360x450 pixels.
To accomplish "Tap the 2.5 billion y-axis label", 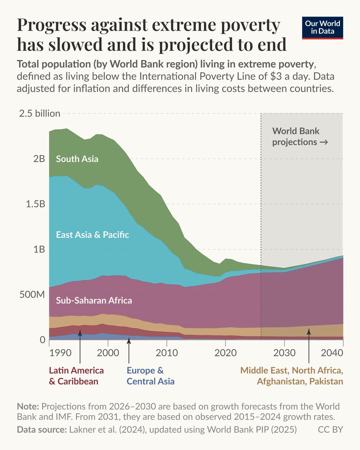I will pos(39,113).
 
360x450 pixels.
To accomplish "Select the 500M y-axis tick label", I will pos(31,295).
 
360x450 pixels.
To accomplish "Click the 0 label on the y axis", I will pos(42,340).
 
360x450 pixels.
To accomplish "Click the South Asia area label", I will pos(77,159).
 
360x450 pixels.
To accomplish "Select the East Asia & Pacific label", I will pos(92,235).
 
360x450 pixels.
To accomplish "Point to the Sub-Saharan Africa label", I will pos(94,301).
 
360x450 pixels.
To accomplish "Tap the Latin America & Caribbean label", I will pos(76,376).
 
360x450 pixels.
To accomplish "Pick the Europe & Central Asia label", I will pos(150,376).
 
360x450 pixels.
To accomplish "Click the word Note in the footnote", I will pos(28,406).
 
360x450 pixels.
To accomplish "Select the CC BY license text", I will pos(330,430).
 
